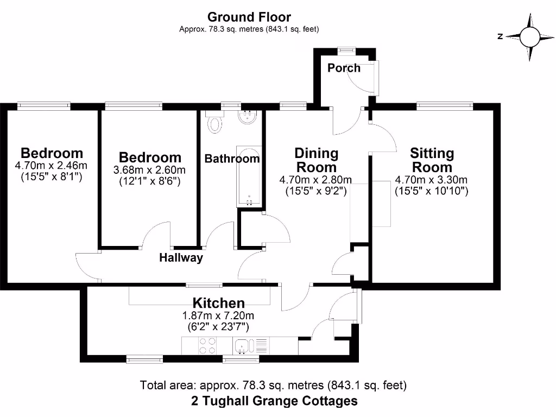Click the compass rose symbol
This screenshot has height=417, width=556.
tap(529, 37)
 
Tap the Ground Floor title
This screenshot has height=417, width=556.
tap(249, 17)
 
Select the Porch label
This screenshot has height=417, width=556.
tap(344, 68)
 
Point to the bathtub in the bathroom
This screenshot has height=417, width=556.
tap(249, 176)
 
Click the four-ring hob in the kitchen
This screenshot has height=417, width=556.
tap(206, 345)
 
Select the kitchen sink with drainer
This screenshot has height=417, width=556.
tap(250, 345)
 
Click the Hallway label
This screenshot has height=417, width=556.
tap(181, 258)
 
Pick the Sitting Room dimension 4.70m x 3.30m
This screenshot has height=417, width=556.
tap(432, 180)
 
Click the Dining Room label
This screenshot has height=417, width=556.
tap(316, 160)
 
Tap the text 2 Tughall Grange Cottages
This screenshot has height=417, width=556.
tap(274, 401)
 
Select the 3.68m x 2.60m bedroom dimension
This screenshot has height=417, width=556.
tap(149, 170)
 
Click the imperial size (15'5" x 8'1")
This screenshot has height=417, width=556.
tap(52, 176)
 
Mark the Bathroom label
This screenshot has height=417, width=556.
tap(232, 159)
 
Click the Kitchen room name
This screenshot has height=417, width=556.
tap(219, 303)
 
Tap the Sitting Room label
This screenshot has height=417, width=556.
tap(432, 160)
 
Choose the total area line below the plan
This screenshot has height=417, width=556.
tap(274, 386)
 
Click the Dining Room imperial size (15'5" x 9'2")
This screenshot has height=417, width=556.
tap(316, 191)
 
